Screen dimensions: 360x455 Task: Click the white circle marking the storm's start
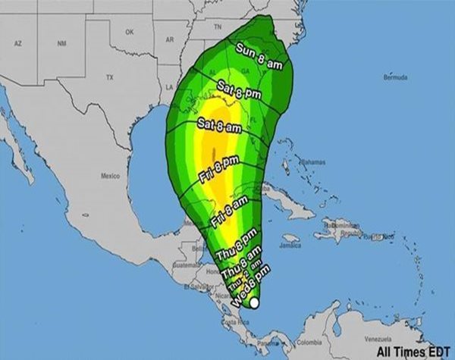click(x=255, y=303)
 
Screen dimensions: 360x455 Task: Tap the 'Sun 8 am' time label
click(x=259, y=58)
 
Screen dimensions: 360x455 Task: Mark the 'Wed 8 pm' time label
click(x=248, y=291)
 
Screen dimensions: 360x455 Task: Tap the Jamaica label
click(x=290, y=246)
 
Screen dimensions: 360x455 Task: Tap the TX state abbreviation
click(x=109, y=77)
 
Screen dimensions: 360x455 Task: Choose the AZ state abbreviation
click(x=17, y=45)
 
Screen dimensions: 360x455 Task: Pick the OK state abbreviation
click(x=129, y=32)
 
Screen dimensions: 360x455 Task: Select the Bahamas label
click(x=311, y=162)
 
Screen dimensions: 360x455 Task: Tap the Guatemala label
click(x=186, y=265)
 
